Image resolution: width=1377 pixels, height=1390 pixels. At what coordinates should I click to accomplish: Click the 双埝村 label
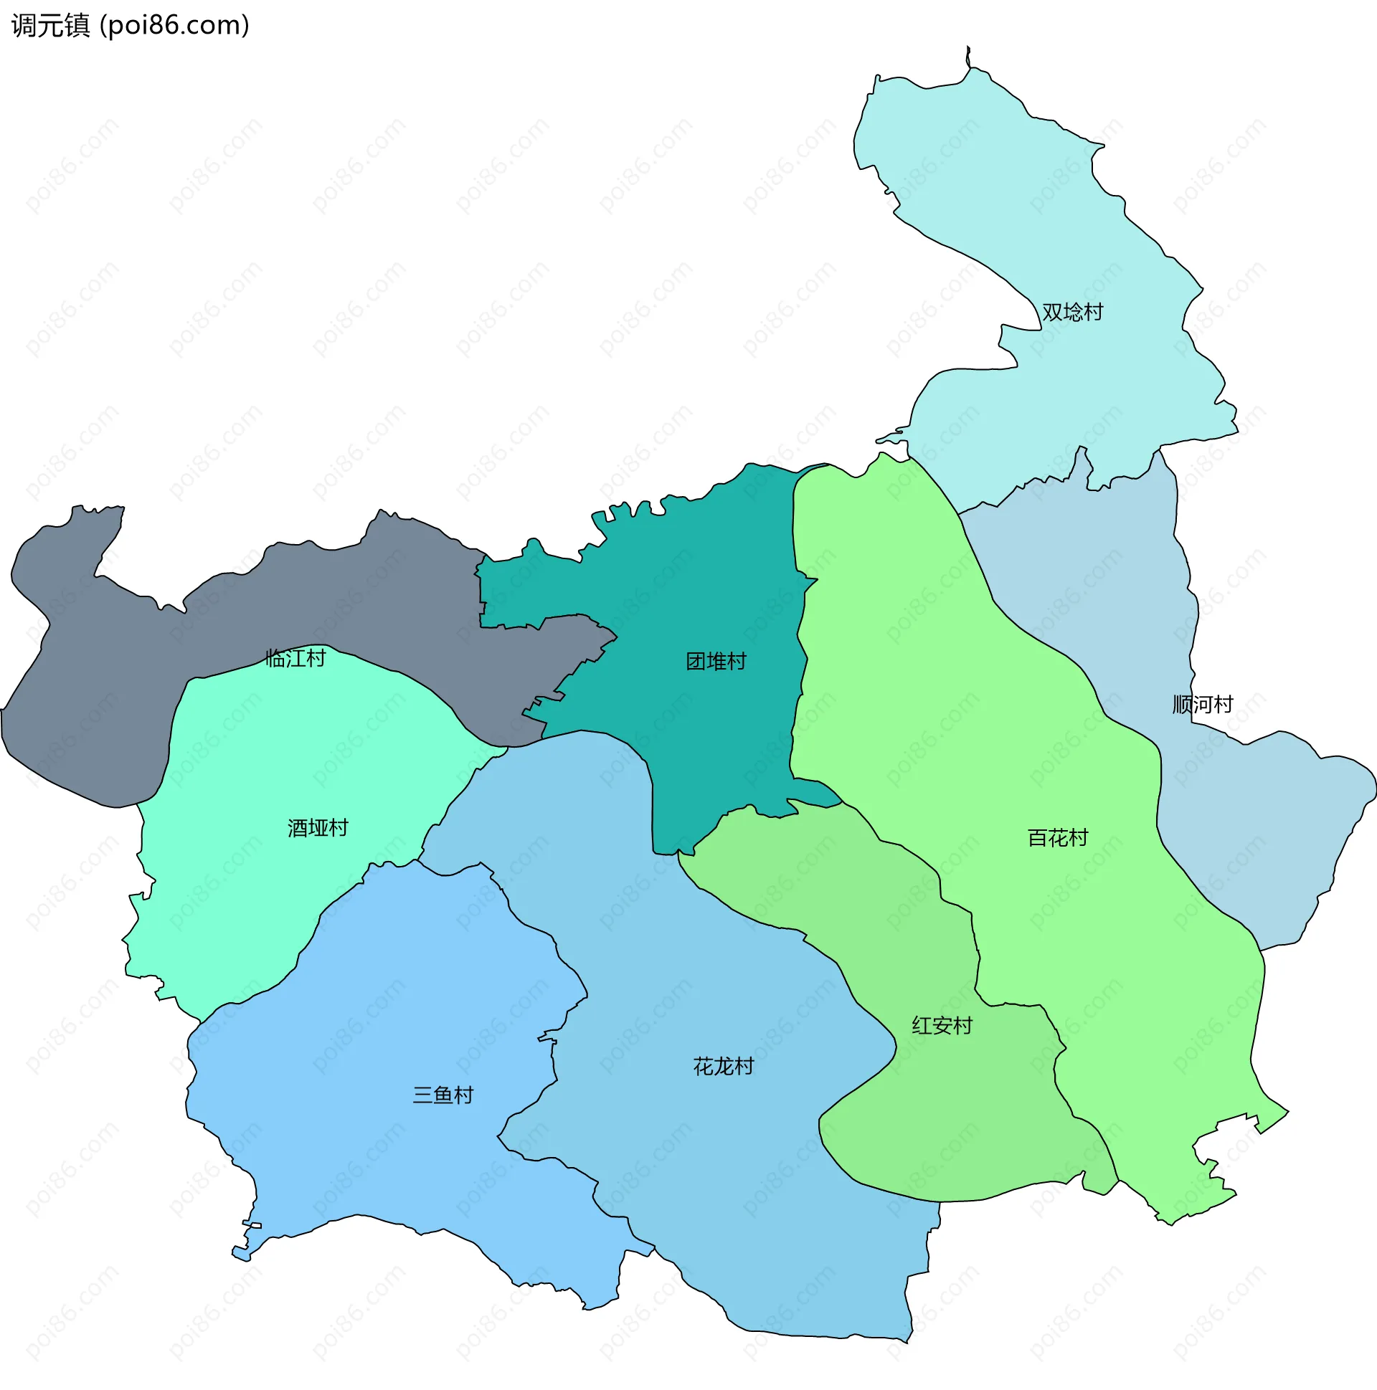1071,313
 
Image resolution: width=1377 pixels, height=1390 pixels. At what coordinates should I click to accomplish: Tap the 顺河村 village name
1203,705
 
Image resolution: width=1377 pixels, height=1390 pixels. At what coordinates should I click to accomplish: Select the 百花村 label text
1057,838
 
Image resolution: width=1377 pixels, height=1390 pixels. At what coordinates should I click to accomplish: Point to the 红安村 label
942,1026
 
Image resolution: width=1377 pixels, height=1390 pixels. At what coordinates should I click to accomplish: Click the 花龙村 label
724,1067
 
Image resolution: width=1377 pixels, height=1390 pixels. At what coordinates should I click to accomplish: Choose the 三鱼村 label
443,1096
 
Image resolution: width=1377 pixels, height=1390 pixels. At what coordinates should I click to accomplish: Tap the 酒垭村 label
318,829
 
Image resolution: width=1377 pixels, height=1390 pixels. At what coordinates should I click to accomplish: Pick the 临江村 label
295,658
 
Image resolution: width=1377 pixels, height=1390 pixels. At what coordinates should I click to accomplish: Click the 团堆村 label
716,662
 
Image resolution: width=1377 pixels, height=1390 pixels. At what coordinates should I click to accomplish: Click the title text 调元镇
50,26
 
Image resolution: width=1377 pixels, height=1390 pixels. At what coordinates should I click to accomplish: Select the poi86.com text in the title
175,26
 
